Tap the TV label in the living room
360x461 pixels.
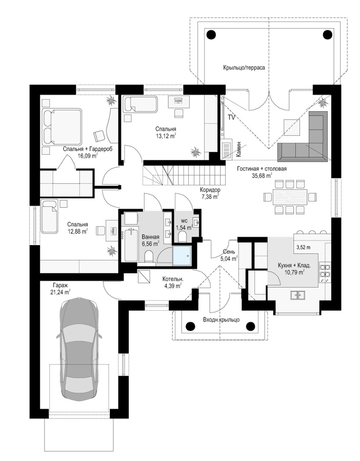point(231,117)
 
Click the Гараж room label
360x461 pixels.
point(59,285)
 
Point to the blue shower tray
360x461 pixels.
point(182,256)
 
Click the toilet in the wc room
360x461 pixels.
point(182,236)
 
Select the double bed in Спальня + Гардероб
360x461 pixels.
point(62,127)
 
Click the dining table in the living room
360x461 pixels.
point(290,197)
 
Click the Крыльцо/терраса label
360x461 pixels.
point(244,68)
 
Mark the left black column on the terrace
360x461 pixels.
point(211,35)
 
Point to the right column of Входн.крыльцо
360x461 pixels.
point(250,326)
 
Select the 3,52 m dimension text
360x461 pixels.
point(303,247)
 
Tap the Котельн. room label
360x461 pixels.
point(173,279)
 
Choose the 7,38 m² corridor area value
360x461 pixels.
point(210,196)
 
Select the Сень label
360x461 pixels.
point(229,252)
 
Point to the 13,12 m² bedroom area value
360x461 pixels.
point(166,135)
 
